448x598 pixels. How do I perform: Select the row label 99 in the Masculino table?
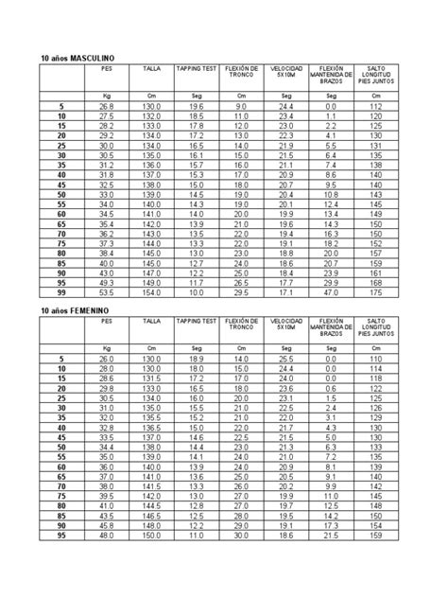point(61,292)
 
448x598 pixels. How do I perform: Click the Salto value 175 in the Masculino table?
point(376,292)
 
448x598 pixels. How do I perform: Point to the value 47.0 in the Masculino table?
point(331,292)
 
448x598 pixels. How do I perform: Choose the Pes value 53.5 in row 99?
point(106,292)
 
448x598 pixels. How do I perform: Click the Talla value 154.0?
point(151,292)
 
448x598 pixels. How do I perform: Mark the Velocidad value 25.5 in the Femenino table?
point(285,361)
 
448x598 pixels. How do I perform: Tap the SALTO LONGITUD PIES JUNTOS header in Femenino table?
point(376,328)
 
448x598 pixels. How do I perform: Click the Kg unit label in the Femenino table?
point(106,349)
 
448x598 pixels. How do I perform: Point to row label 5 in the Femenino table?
point(61,361)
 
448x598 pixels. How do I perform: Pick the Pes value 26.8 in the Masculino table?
point(106,107)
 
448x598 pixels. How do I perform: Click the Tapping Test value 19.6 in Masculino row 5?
point(196,107)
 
